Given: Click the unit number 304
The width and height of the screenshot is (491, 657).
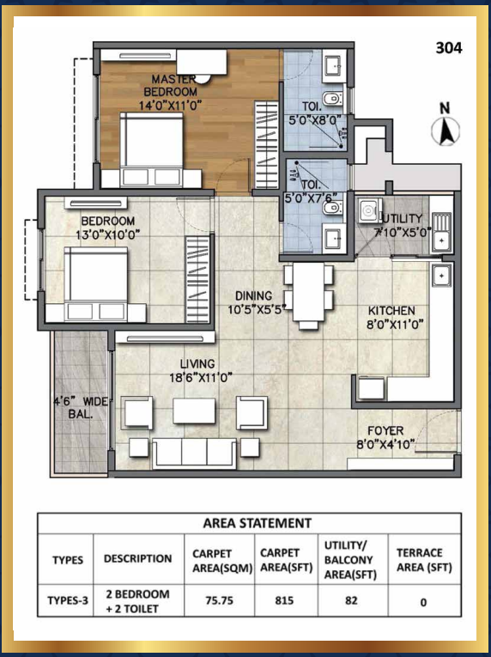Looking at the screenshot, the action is pyautogui.click(x=449, y=48).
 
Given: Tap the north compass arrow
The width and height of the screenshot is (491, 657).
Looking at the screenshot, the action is pyautogui.click(x=446, y=131).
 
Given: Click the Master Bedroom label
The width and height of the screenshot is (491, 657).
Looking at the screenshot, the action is pyautogui.click(x=170, y=85).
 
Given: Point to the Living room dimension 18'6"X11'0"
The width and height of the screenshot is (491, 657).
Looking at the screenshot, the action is pyautogui.click(x=201, y=378).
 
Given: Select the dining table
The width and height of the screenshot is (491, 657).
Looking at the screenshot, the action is pyautogui.click(x=308, y=292).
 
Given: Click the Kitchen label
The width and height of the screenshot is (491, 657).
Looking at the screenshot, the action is pyautogui.click(x=391, y=311).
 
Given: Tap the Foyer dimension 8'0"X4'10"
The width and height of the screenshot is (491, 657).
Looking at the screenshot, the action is pyautogui.click(x=385, y=444).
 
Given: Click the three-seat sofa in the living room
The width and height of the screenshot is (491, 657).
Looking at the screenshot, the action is pyautogui.click(x=194, y=453).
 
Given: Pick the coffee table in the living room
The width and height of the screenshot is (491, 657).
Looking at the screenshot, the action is pyautogui.click(x=194, y=411).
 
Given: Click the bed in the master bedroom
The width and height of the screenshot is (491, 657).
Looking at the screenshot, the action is pyautogui.click(x=151, y=149).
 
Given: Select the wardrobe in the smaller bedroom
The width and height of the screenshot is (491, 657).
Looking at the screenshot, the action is pyautogui.click(x=197, y=279).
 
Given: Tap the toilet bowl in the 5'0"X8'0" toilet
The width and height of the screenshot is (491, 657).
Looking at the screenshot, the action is pyautogui.click(x=333, y=99).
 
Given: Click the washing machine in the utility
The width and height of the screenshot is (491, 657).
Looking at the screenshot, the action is pyautogui.click(x=368, y=210).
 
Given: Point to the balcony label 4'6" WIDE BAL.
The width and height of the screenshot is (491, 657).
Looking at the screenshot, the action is pyautogui.click(x=80, y=408).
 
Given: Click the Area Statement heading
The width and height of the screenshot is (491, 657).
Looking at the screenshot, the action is pyautogui.click(x=258, y=523).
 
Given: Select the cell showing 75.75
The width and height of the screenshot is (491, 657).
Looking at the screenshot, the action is pyautogui.click(x=219, y=600).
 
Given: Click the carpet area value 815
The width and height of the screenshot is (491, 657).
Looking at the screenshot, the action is pyautogui.click(x=284, y=600).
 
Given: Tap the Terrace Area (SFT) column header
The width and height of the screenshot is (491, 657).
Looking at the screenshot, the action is pyautogui.click(x=424, y=560).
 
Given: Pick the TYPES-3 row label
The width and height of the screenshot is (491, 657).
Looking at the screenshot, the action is pyautogui.click(x=68, y=600).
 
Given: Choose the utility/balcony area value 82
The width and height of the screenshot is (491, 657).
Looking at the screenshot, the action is pyautogui.click(x=351, y=600).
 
